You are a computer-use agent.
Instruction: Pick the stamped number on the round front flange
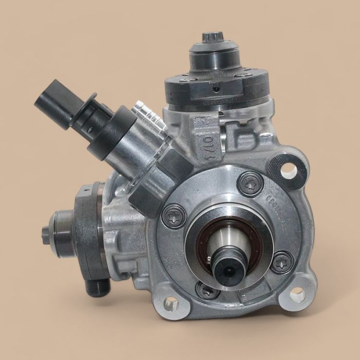(x=268, y=203)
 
